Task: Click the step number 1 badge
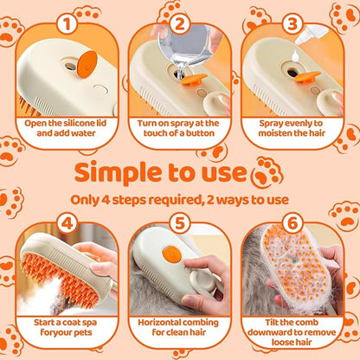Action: point(63,22)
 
